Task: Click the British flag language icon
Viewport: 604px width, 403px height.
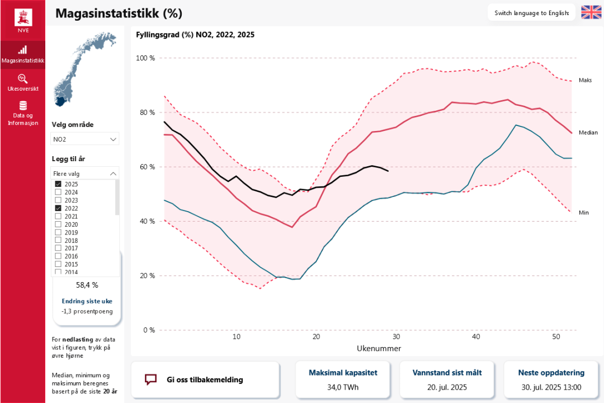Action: (591, 12)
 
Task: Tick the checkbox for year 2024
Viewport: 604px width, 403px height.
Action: (58, 192)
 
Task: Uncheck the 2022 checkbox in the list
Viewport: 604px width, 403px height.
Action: (58, 208)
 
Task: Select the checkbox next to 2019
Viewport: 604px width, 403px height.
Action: (58, 232)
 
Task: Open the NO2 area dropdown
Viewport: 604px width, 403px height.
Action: (86, 139)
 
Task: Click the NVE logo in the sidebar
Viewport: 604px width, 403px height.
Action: (23, 20)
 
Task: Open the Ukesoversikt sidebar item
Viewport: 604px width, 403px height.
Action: (23, 83)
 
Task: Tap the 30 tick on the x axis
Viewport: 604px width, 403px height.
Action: (396, 337)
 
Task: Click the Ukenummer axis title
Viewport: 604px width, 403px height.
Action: (379, 348)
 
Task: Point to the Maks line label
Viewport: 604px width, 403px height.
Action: (585, 80)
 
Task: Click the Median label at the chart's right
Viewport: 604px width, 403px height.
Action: (588, 133)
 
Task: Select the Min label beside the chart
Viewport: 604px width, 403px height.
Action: (584, 213)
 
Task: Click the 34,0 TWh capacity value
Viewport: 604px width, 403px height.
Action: (343, 387)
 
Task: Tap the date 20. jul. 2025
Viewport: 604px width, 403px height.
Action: (447, 387)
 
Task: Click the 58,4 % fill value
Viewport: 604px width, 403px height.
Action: (87, 285)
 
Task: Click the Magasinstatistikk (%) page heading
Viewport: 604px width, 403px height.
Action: (119, 13)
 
